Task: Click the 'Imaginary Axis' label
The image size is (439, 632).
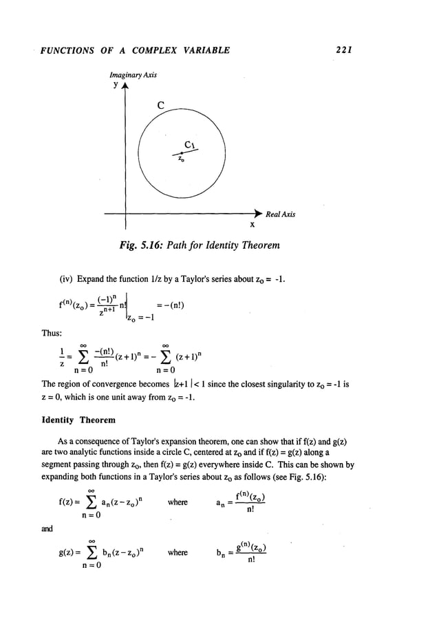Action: pos(131,73)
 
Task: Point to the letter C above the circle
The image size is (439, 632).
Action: pos(160,105)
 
